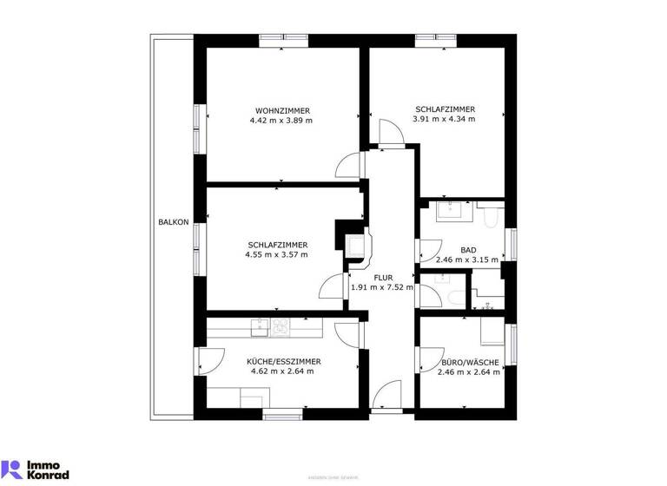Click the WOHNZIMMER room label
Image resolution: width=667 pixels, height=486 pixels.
[x=282, y=110]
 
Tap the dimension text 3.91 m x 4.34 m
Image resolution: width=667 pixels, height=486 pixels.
[x=444, y=119]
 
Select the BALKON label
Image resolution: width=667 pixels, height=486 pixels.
[x=169, y=222]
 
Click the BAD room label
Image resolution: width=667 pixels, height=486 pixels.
[x=467, y=249]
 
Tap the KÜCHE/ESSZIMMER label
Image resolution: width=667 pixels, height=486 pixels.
[x=284, y=361]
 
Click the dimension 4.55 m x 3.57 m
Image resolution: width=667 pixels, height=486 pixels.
[x=276, y=255]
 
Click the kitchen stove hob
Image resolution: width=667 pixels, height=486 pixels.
[x=282, y=326]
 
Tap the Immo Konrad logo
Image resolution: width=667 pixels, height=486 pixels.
[x=35, y=470]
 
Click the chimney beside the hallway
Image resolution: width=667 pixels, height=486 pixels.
[x=354, y=244]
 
